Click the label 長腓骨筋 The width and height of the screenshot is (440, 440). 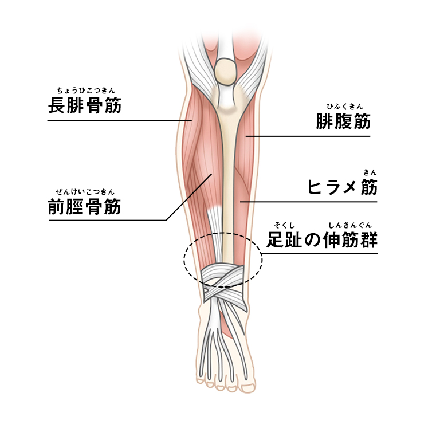click(x=85, y=106)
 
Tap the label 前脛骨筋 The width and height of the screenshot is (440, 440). click(x=85, y=206)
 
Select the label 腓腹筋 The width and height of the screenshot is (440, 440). click(x=343, y=121)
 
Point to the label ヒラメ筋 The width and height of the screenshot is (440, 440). click(x=343, y=187)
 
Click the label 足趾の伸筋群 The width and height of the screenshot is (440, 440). click(x=323, y=240)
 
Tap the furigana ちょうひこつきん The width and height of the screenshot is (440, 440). click(x=85, y=90)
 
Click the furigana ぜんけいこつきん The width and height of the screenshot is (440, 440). click(x=85, y=191)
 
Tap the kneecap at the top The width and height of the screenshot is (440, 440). click(x=226, y=70)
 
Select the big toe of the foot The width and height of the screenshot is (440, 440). click(x=248, y=387)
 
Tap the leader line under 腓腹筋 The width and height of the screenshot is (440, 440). click(x=309, y=136)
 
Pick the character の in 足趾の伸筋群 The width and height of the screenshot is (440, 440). click(x=309, y=241)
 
